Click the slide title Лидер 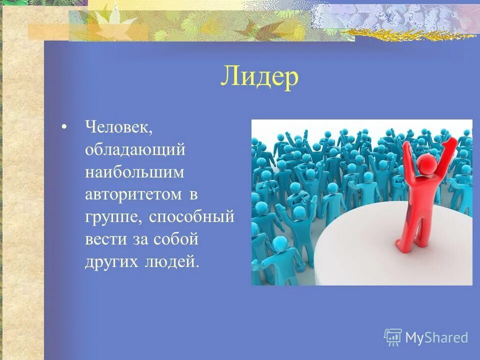coord(259,77)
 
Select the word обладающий coord(135,149)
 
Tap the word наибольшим coord(134,172)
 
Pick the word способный coord(192,217)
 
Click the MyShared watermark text coord(436,337)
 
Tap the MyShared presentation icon coord(393,337)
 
